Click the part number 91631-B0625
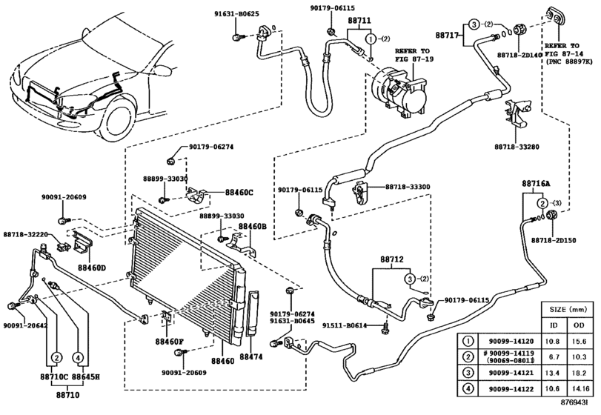236,14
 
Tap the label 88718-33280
517,147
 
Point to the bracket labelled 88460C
199,195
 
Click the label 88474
251,356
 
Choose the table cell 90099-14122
511,389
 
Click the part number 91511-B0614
345,326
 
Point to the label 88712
392,259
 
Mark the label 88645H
86,376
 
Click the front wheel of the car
120,119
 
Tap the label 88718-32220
26,233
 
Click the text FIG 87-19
415,59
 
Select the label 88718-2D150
554,240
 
